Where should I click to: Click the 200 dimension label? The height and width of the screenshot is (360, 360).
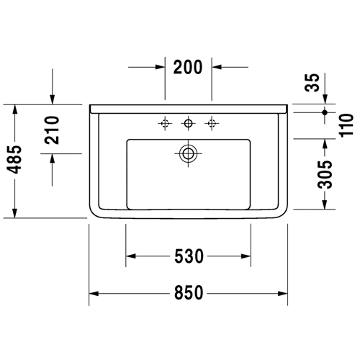[188, 67]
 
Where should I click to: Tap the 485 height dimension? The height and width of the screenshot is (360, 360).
[14, 159]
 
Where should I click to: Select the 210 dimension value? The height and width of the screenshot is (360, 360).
[52, 130]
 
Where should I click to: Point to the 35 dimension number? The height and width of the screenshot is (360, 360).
[312, 82]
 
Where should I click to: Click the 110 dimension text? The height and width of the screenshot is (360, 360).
[347, 125]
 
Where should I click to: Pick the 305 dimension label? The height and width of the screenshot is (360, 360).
[325, 174]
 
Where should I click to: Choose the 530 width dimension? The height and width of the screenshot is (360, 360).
[189, 256]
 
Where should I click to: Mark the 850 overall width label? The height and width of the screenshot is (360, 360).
[189, 293]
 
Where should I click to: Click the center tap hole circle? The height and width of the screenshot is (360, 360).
[188, 123]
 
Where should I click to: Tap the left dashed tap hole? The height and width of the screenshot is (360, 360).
[165, 123]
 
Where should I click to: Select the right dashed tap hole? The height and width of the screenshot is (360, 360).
[212, 123]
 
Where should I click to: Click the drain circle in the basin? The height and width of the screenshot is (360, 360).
[188, 153]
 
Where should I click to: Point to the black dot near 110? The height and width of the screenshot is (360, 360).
[325, 112]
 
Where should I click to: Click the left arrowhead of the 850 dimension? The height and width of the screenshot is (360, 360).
[94, 293]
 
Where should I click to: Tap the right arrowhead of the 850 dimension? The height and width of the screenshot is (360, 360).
[283, 293]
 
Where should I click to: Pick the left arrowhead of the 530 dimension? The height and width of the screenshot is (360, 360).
[131, 256]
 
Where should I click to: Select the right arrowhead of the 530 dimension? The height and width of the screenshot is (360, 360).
[246, 256]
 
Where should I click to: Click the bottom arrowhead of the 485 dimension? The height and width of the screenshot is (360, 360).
[15, 213]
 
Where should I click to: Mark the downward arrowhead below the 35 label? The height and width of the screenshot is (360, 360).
[325, 99]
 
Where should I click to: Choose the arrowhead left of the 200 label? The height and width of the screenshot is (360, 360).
[160, 67]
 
